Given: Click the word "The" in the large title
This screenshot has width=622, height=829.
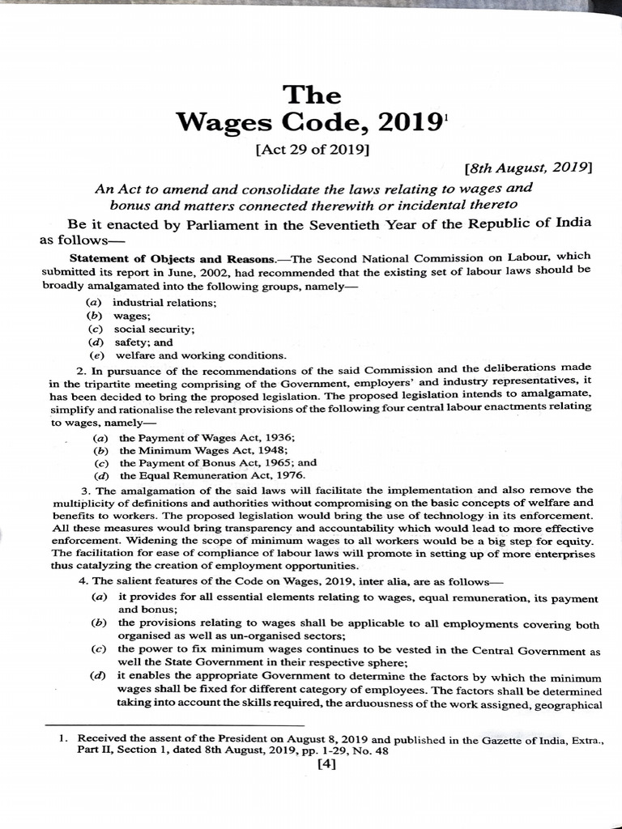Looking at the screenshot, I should tap(311, 95).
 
